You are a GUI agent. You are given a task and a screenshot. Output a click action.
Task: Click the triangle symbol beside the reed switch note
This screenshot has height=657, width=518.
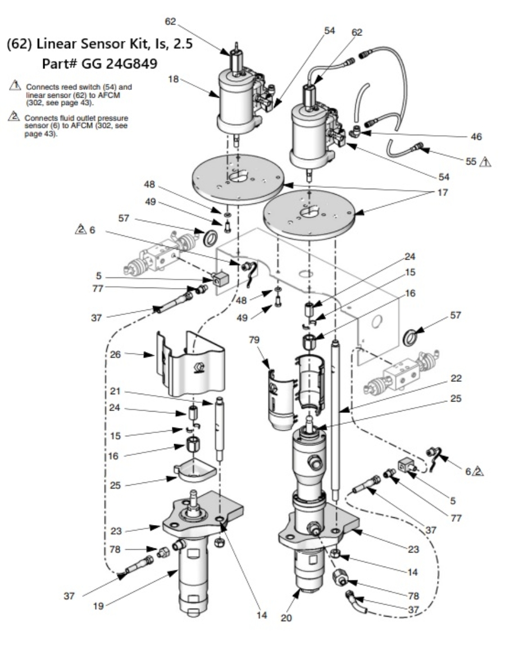[x=15, y=86]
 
